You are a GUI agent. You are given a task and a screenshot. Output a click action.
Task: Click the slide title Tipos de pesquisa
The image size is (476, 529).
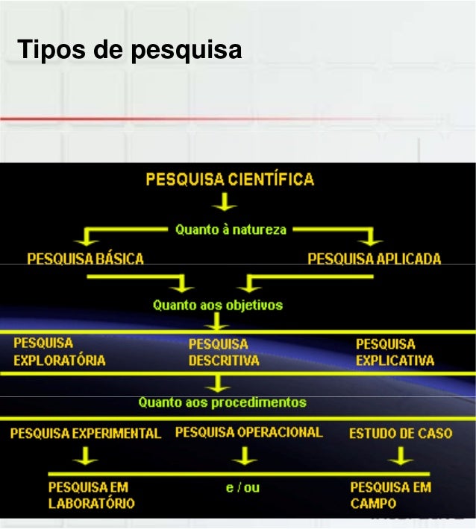(x=131, y=51)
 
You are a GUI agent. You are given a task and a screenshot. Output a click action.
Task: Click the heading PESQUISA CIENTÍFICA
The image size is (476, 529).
(x=229, y=180)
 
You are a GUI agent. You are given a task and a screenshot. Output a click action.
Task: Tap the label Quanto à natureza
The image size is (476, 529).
(x=231, y=229)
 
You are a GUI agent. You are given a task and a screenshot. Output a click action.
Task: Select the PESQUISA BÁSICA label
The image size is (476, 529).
(x=85, y=259)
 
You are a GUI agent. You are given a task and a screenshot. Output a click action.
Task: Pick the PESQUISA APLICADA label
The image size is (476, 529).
(x=374, y=259)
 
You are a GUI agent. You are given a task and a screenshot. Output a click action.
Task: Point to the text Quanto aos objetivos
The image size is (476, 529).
(x=217, y=305)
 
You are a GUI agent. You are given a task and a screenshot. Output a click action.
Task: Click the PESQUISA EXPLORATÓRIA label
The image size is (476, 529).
(x=59, y=352)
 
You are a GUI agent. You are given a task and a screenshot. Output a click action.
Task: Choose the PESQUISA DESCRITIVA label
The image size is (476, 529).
(x=223, y=352)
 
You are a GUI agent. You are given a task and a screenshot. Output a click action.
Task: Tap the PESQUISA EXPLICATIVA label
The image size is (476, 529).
(x=395, y=352)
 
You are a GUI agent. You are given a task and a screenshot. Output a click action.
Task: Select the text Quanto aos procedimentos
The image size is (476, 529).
(x=222, y=402)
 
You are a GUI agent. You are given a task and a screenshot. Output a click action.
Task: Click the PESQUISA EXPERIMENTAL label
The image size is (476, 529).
(x=85, y=433)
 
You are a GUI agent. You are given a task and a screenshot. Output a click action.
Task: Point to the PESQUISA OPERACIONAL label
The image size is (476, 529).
(x=248, y=432)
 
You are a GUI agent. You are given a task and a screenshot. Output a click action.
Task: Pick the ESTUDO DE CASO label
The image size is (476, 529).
(x=401, y=433)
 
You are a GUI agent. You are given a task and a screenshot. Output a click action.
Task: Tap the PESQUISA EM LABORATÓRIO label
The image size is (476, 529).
(x=91, y=495)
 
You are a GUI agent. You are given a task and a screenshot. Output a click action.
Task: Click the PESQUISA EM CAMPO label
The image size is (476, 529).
(x=390, y=495)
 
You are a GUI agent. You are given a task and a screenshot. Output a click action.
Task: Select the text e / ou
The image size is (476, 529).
(x=242, y=488)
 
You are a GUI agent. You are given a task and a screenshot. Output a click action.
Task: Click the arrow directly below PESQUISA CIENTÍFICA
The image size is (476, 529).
(x=224, y=203)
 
